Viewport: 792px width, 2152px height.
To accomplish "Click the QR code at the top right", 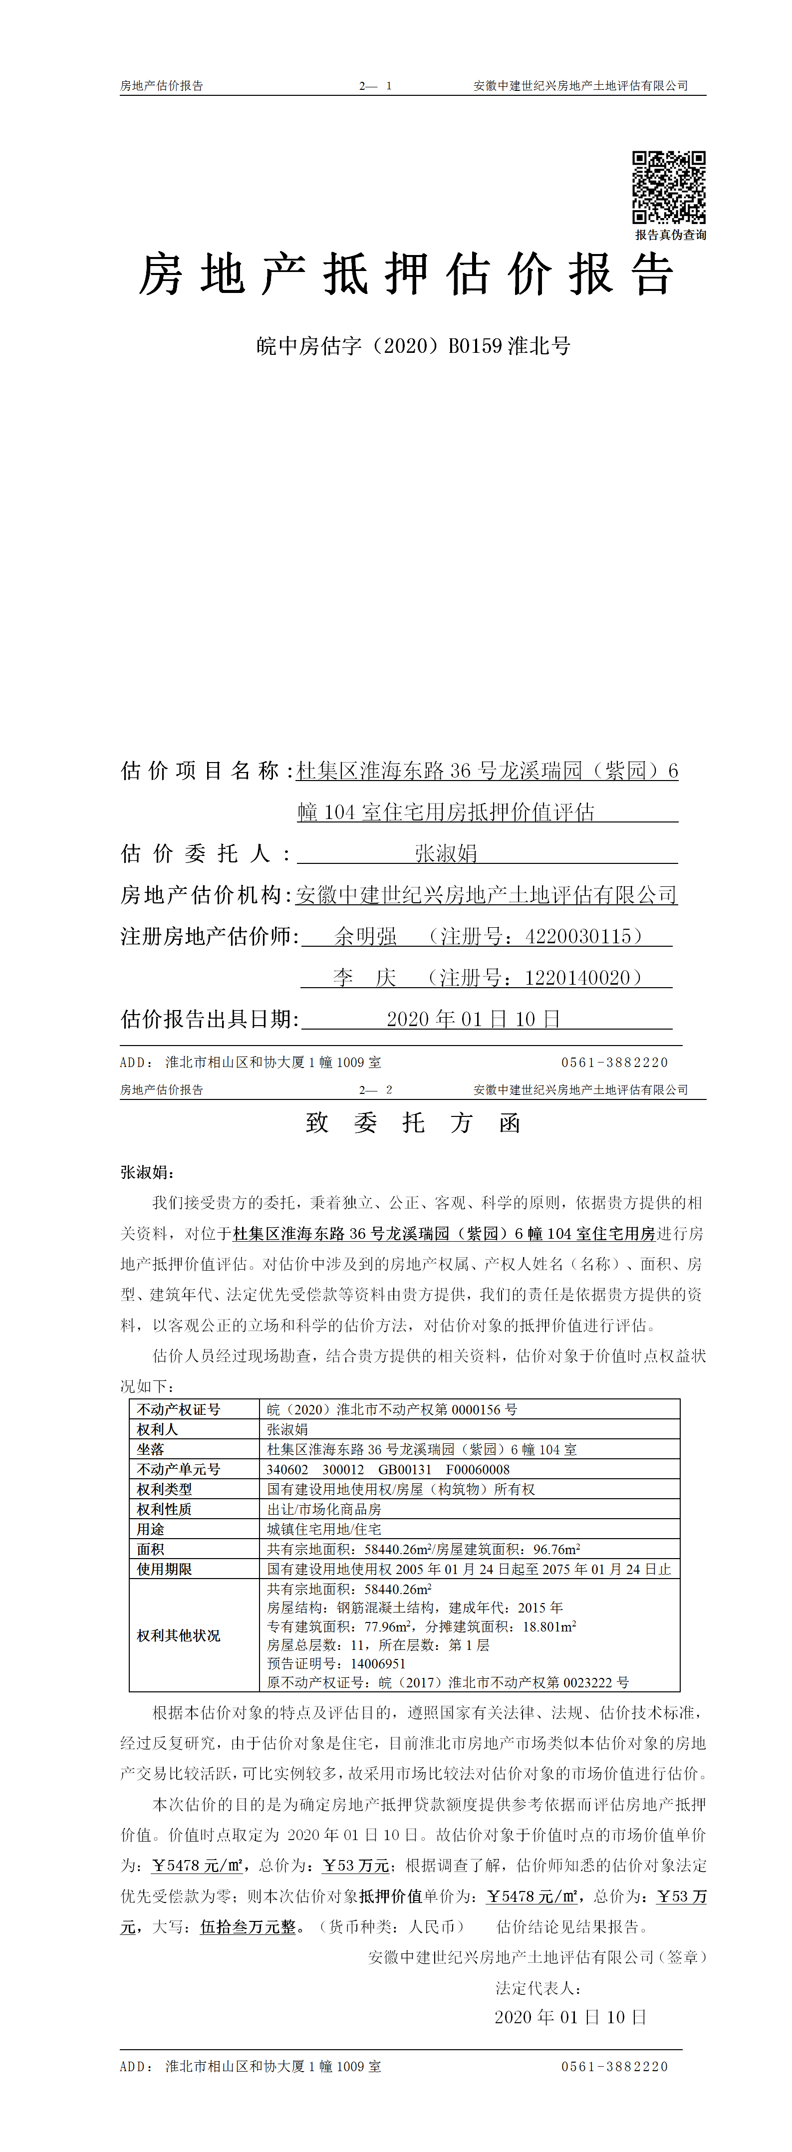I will (x=668, y=187).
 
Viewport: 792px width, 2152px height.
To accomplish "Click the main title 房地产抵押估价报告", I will (x=406, y=275).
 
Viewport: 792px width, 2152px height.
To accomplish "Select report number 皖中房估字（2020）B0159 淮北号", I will (x=414, y=346).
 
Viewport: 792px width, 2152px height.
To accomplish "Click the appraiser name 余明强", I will (x=365, y=936).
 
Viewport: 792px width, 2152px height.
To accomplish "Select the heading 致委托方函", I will (x=414, y=1123).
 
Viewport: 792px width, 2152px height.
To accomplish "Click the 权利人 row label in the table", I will (x=158, y=1429).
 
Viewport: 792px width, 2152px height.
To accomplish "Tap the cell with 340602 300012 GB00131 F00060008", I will (x=388, y=1469).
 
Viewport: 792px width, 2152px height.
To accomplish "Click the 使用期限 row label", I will (x=165, y=1569).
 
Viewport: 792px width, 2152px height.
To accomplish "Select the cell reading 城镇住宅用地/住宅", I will (x=324, y=1529).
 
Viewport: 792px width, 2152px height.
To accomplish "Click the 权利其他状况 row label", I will (x=179, y=1635).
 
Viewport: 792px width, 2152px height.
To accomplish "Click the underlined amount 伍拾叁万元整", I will (x=248, y=1926).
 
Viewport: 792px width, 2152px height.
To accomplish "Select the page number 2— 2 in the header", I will (x=376, y=1090).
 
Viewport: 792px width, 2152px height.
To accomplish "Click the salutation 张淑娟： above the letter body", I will (x=148, y=1172).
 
